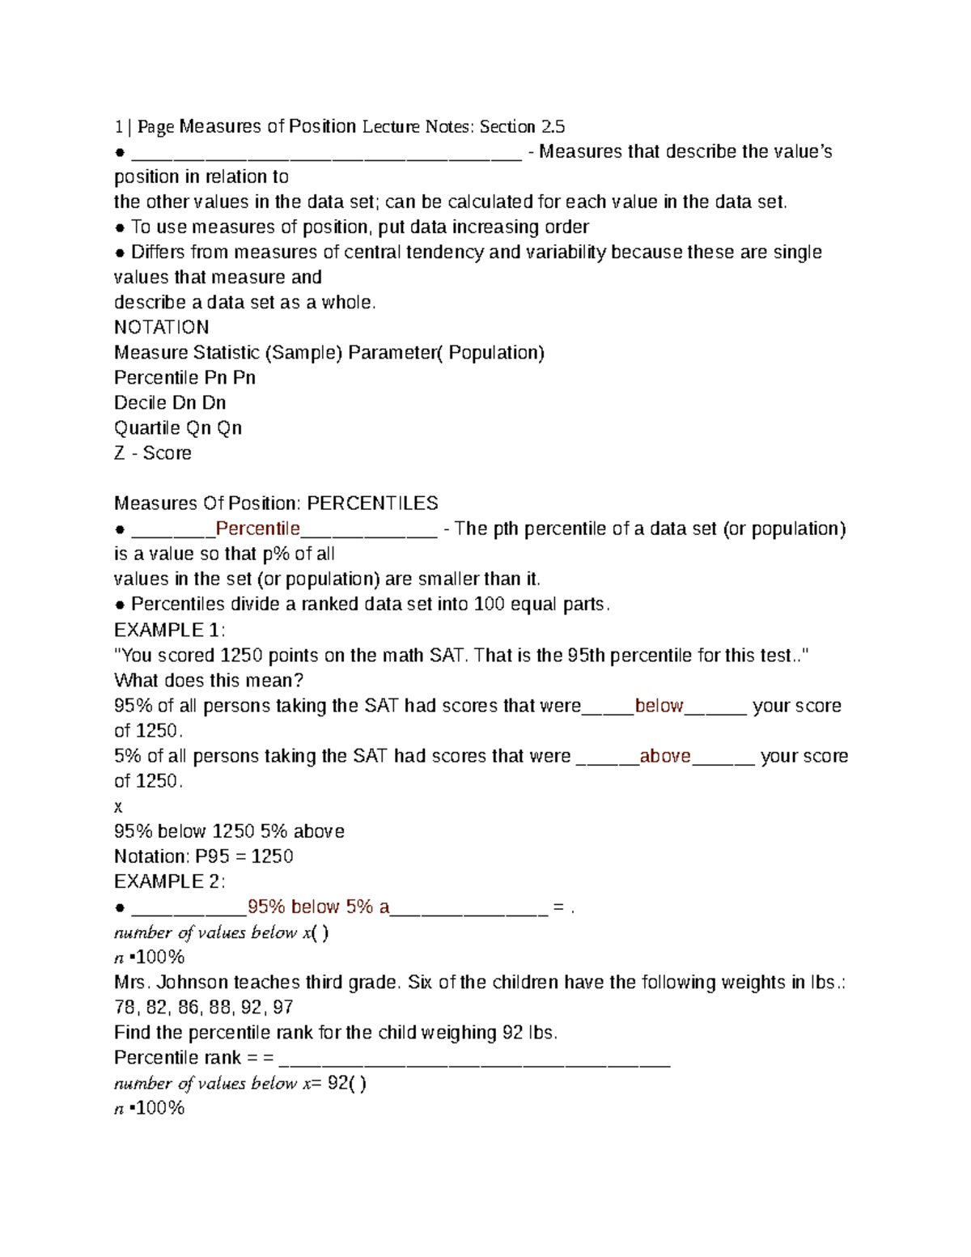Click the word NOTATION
pyautogui.click(x=161, y=327)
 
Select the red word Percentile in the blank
pyautogui.click(x=257, y=529)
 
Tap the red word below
pyautogui.click(x=659, y=705)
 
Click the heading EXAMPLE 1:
pyautogui.click(x=169, y=630)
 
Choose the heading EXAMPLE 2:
pyautogui.click(x=169, y=881)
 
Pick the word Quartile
pyautogui.click(x=146, y=427)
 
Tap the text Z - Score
pyautogui.click(x=152, y=452)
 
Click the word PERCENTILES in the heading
pyautogui.click(x=372, y=503)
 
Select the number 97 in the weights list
pyautogui.click(x=282, y=1007)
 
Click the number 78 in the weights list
pyautogui.click(x=125, y=1007)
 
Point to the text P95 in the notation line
pyautogui.click(x=212, y=856)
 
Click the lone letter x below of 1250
pyautogui.click(x=118, y=806)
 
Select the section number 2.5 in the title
pyautogui.click(x=552, y=126)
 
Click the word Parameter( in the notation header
pyautogui.click(x=396, y=352)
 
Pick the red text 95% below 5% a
pyautogui.click(x=318, y=907)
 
